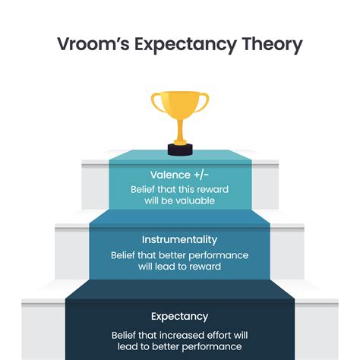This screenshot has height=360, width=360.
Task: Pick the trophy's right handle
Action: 204,103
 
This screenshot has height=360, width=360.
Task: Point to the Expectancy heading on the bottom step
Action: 179,316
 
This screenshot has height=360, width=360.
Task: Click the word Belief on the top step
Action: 144,189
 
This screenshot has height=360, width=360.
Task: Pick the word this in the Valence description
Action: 185,189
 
